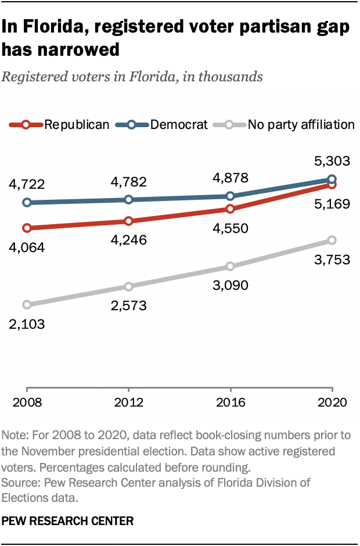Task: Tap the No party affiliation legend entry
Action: point(285,124)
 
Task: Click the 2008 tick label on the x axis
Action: point(26,403)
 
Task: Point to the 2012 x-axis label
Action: point(128,403)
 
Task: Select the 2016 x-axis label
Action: point(231,403)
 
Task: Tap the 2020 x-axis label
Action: point(332,403)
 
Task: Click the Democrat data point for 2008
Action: point(27,203)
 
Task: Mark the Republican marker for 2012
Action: point(128,221)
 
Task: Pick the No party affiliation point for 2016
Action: point(231,267)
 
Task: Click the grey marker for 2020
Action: point(332,240)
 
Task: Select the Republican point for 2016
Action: point(231,209)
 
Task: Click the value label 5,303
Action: point(331,161)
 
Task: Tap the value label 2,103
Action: point(27,324)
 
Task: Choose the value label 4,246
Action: point(128,240)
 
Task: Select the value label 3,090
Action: point(231,285)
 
